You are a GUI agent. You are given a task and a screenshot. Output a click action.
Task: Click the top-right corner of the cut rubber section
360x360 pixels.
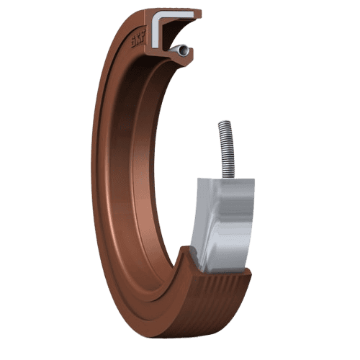(199, 12)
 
